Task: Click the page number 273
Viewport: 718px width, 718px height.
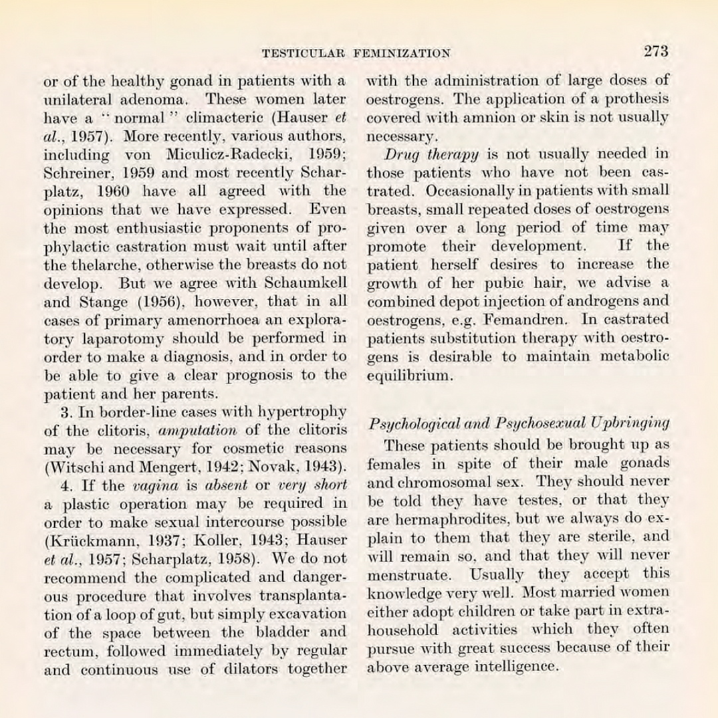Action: pos(655,51)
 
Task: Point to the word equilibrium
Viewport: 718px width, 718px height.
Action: pos(410,375)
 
